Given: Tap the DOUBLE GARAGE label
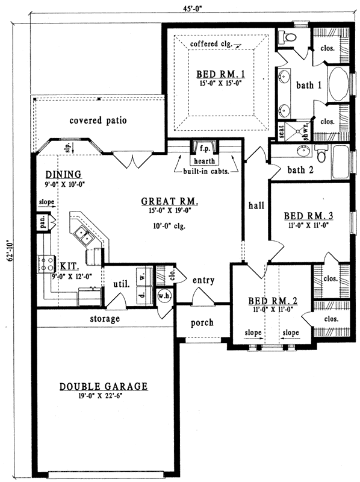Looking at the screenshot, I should coord(103,386).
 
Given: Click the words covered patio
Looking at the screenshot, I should coord(98,120).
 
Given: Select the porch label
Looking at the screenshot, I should coord(202,322).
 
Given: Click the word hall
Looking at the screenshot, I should coord(256,205).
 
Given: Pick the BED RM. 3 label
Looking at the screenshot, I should coord(308,216).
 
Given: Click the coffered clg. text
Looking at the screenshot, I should coord(211,45).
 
